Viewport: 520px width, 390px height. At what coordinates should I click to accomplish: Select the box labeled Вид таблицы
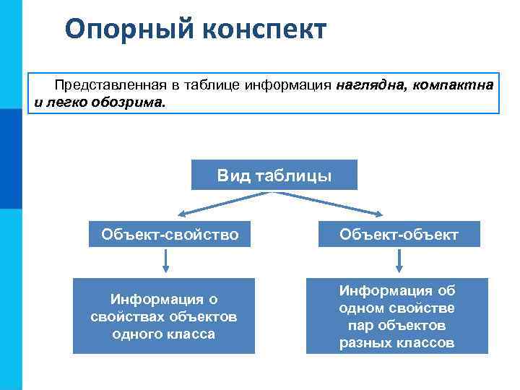[274, 175]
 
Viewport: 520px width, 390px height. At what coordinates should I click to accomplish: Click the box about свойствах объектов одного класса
[164, 316]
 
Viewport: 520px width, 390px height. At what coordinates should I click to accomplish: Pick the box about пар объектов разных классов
[397, 316]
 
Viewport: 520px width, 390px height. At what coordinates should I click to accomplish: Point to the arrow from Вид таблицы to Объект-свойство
[217, 204]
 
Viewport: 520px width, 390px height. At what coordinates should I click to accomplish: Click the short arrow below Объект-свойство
[167, 261]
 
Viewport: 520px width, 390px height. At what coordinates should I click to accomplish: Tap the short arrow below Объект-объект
[399, 261]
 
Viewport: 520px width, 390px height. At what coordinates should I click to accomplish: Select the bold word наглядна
[369, 85]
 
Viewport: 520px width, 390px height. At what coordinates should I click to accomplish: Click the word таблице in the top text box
[214, 85]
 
